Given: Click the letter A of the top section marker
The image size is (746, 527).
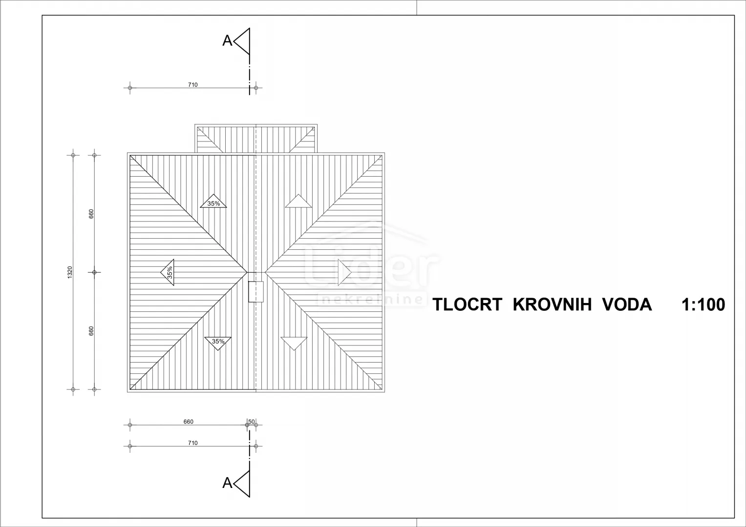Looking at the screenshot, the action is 227,41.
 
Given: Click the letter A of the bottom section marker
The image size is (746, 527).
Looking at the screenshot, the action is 227,483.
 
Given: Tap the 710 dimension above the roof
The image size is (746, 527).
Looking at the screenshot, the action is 193,85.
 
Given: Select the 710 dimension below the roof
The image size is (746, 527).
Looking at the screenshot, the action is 193,443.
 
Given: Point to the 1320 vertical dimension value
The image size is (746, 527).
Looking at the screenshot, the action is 70,272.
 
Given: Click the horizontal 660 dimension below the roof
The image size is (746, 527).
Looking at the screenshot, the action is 189,422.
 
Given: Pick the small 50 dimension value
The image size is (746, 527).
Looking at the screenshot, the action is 252,422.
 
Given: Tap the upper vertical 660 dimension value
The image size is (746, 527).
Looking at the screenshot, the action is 91,214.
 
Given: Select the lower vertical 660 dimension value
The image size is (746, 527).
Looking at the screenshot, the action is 91,331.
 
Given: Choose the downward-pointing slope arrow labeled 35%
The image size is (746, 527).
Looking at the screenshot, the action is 218,343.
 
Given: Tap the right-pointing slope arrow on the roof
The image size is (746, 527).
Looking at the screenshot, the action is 344,272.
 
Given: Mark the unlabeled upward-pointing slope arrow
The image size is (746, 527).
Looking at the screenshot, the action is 298,202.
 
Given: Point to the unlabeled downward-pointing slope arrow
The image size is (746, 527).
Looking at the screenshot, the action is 294,343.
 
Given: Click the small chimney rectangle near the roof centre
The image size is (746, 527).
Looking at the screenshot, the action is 256,292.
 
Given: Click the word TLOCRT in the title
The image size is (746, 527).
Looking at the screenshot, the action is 467,304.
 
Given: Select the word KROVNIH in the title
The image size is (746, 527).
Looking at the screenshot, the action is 552,304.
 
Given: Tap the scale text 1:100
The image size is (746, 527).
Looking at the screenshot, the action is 703,304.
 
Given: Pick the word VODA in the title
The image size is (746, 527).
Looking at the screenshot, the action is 627,304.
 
